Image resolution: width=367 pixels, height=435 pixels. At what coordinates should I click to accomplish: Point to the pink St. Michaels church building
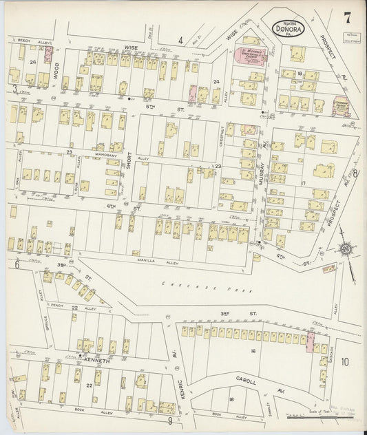(251, 57)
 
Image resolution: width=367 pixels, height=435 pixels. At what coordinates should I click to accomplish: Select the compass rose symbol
(345, 248)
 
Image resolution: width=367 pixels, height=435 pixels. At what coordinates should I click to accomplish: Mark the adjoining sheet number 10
(344, 361)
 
